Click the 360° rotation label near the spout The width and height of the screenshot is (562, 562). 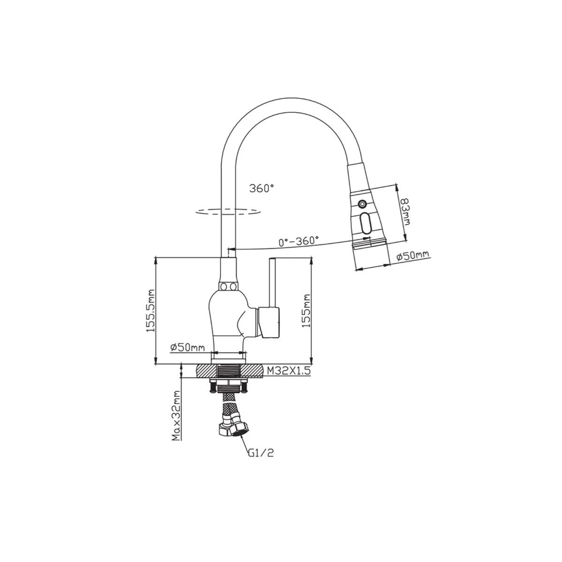pos(261,188)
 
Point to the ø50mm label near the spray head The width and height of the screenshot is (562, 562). pos(413,256)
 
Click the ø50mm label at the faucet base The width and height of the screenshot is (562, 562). pos(188,348)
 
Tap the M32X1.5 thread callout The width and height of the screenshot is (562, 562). pos(288,371)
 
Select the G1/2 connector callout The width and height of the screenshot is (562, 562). pos(261,461)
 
